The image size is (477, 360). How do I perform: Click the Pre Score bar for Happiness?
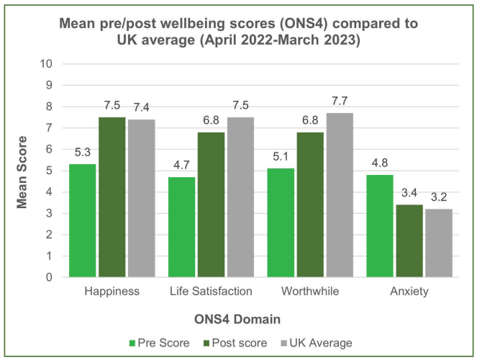pos(82,220)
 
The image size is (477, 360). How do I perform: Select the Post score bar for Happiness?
pos(112,197)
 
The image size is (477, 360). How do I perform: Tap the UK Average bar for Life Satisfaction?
pos(240,197)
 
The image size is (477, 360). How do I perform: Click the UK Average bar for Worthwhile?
pos(340,195)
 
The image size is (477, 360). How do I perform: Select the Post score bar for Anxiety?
pos(409,240)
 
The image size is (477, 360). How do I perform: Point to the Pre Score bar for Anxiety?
pos(381,226)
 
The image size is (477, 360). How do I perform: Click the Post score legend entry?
pos(232,343)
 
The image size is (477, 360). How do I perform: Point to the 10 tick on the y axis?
pos(47,63)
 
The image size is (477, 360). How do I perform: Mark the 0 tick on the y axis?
pos(50,277)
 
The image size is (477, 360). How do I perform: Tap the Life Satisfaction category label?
pos(211,292)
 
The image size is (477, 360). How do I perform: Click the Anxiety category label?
pos(409,292)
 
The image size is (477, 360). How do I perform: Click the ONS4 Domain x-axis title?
pos(238,318)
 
